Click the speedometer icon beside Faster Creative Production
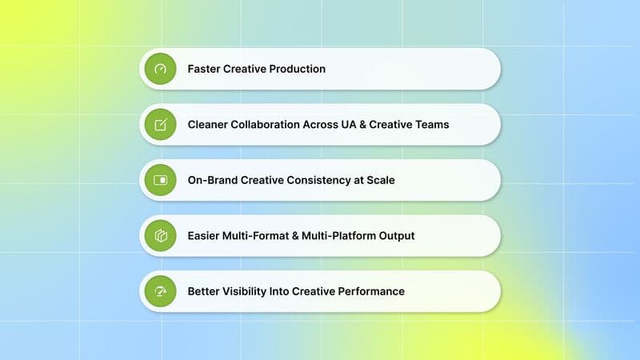[x=161, y=69]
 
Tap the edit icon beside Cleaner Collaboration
[x=161, y=125]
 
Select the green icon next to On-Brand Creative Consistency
[x=161, y=180]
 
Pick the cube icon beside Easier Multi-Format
[x=161, y=236]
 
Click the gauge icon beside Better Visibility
[x=161, y=291]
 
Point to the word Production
[x=297, y=69]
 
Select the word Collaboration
[x=272, y=125]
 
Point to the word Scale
[x=379, y=180]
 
